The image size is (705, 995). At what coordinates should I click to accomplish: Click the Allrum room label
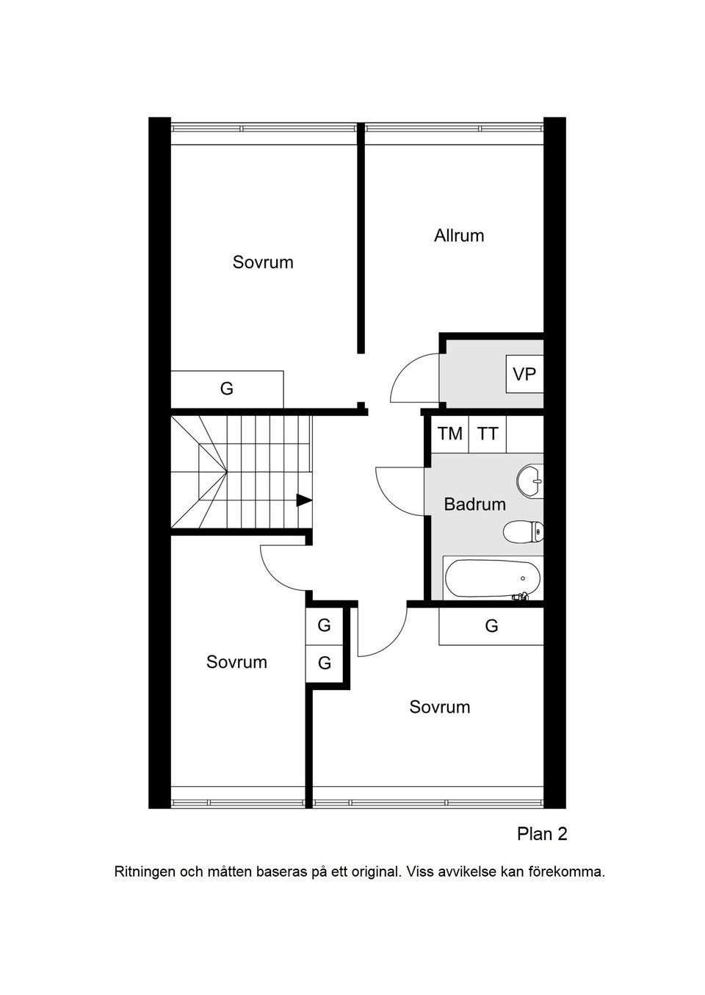(458, 235)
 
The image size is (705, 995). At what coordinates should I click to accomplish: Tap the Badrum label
(474, 504)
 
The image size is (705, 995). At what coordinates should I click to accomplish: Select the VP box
(525, 374)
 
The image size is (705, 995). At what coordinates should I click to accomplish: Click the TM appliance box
(450, 434)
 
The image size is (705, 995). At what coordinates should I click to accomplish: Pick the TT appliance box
(488, 434)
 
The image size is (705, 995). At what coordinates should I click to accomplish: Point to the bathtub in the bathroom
(492, 578)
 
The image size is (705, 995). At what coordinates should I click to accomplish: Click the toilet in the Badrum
(523, 531)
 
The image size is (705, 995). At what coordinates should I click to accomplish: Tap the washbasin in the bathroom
(529, 481)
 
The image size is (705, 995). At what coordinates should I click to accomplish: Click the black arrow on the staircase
(304, 500)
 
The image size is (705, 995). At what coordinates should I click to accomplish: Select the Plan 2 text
(542, 834)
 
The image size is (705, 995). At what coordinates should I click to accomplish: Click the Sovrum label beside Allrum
(263, 262)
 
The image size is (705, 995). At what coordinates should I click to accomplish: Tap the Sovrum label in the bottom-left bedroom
(236, 662)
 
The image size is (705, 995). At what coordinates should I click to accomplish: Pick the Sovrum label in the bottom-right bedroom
(439, 707)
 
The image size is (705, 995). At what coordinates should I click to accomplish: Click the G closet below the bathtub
(491, 626)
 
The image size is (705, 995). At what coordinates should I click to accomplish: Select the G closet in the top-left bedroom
(227, 389)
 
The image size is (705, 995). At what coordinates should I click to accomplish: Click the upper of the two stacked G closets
(324, 625)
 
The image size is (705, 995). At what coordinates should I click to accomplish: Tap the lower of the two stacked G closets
(324, 663)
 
